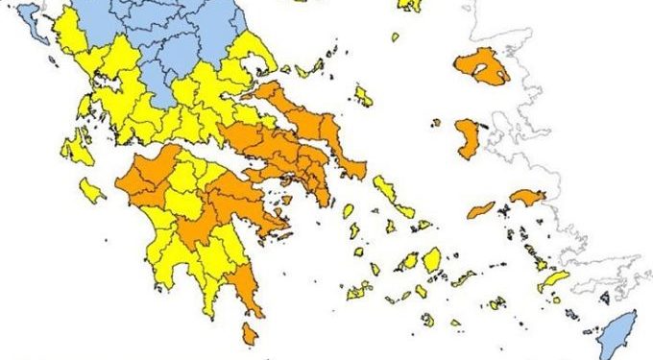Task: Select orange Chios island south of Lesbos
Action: point(469,137)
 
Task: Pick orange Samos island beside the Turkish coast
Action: point(526,197)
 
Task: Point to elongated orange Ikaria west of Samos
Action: point(481,209)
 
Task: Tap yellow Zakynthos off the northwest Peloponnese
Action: point(91,190)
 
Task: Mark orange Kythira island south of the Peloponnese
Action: point(250,334)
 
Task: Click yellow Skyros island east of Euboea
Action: point(363,95)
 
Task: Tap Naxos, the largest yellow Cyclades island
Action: point(432,258)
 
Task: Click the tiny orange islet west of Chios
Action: point(436,123)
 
